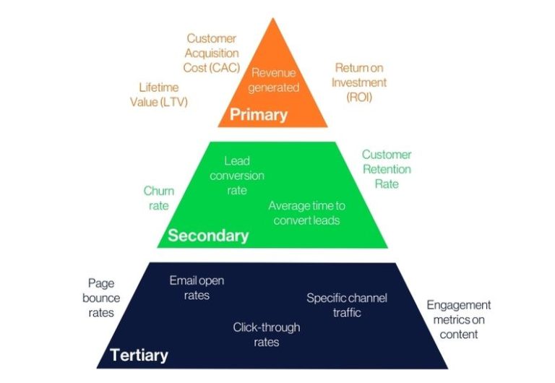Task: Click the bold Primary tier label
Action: pos(258,115)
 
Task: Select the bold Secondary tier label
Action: pos(208,236)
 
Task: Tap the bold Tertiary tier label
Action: pos(139,355)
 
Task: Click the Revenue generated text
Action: pos(275,80)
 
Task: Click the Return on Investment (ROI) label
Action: pos(359,82)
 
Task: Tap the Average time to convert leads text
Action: pos(306,212)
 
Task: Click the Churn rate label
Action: pos(158,198)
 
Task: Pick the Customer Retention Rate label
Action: pos(387,169)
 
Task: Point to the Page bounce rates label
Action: pos(101,298)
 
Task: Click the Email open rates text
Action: pos(196,288)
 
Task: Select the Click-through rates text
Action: pos(266,335)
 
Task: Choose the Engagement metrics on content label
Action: pos(458,319)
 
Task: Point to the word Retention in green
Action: pos(387,169)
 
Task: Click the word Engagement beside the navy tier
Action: pos(458,305)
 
